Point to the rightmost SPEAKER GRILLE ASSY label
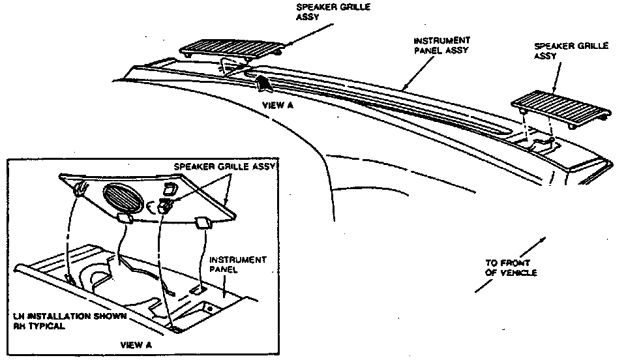point(571,51)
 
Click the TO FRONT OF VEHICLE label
point(511,268)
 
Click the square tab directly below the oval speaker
point(124,218)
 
